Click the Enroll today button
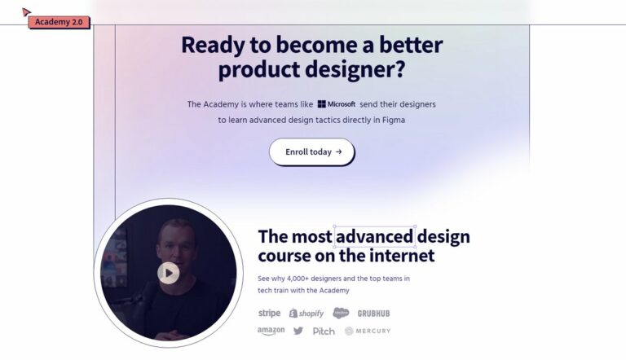pos(312,151)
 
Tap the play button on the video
pos(169,273)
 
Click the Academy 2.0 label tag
pos(59,22)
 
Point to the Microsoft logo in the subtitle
pos(337,104)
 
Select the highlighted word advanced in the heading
pos(375,237)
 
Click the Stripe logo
pos(269,313)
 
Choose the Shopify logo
pos(306,314)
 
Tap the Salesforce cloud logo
pos(341,313)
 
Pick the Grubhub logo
pos(373,314)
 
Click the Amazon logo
pos(271,331)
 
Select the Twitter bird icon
pos(298,331)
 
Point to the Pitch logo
pos(324,331)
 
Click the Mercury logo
pos(368,331)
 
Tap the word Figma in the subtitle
pos(394,120)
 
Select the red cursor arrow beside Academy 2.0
pos(26,12)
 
